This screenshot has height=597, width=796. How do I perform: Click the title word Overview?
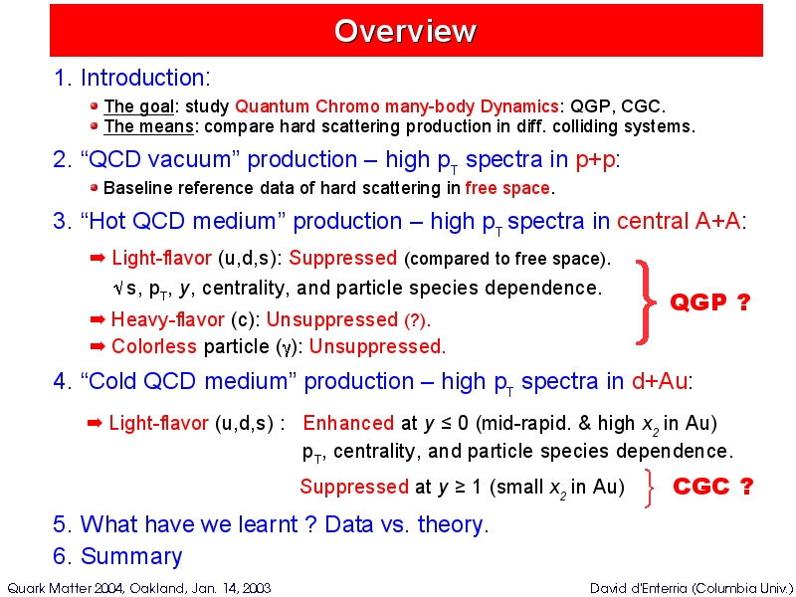[x=405, y=31]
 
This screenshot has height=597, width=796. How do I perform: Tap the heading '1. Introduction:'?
[x=131, y=78]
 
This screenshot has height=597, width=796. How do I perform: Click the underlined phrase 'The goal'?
[x=138, y=107]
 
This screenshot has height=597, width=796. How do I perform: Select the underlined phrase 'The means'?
[x=148, y=126]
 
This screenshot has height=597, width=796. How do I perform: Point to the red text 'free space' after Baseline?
[x=507, y=188]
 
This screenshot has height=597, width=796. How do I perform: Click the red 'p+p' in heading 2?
[x=595, y=160]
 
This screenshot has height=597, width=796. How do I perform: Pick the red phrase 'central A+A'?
[x=679, y=221]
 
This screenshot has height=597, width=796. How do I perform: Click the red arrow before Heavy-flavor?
[x=98, y=319]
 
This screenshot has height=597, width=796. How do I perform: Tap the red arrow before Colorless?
[x=98, y=346]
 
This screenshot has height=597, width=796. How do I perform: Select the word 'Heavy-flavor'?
[x=167, y=319]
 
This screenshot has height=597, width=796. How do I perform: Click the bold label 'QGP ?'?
[x=709, y=302]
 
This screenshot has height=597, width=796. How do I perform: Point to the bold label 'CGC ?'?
[x=712, y=487]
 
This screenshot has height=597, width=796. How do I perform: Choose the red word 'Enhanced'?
[x=348, y=423]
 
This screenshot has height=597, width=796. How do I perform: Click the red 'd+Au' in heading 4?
[x=659, y=381]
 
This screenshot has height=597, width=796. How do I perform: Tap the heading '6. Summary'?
[x=117, y=556]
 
